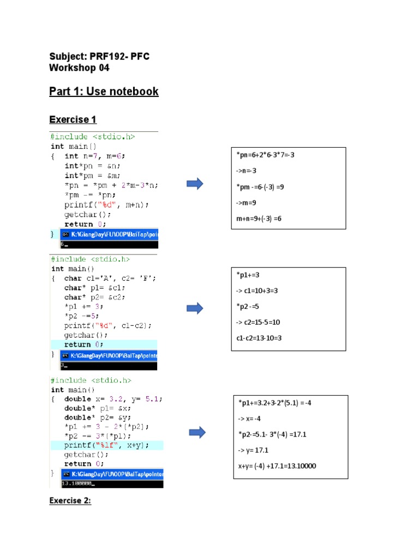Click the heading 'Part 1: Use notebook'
(104, 92)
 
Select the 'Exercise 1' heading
(73, 119)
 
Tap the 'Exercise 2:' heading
(70, 501)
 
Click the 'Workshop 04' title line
(79, 68)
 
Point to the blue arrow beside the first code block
(195, 184)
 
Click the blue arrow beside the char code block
(195, 308)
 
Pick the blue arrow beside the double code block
(197, 433)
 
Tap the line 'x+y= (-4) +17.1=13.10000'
(277, 466)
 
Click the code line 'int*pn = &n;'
(92, 166)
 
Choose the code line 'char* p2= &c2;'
(94, 297)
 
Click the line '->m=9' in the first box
(247, 203)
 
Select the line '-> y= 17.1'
(254, 451)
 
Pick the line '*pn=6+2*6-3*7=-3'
(265, 155)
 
